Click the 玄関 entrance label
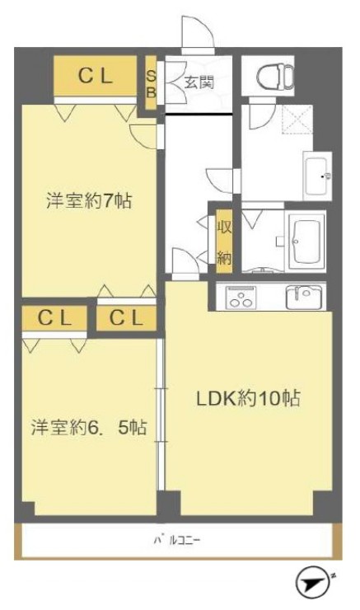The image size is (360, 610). (x=199, y=82)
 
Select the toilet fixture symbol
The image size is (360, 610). (x=276, y=76)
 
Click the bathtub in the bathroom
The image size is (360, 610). (x=306, y=242)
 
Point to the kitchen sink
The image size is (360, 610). (x=304, y=298)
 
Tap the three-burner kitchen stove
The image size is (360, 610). (x=241, y=298)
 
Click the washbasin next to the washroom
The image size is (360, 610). (x=317, y=176)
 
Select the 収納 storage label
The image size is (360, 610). (x=224, y=242)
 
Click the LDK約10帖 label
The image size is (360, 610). (x=248, y=399)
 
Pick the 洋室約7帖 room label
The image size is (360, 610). (x=89, y=201)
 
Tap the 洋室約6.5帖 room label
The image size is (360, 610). (x=89, y=428)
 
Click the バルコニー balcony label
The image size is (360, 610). (x=177, y=541)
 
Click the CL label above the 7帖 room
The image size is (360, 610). (x=96, y=76)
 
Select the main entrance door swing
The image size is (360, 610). (x=198, y=32)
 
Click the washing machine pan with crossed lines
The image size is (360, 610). (x=297, y=120)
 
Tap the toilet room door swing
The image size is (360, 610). (x=263, y=116)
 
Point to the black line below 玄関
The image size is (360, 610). (x=199, y=114)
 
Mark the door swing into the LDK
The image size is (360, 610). (x=185, y=260)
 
